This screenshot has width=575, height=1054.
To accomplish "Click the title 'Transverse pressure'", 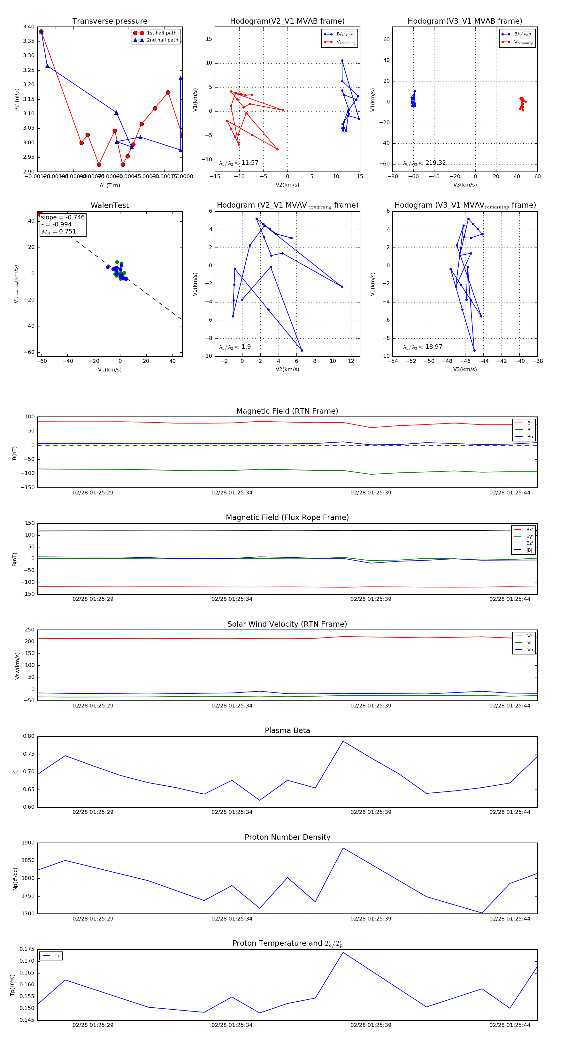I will point(110,21).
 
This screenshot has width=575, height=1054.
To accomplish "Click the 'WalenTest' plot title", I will point(110,205).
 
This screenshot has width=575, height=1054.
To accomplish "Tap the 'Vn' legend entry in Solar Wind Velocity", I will point(530,650).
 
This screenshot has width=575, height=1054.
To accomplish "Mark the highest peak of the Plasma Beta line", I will point(343,741).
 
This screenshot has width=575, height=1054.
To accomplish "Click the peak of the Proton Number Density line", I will point(343,848).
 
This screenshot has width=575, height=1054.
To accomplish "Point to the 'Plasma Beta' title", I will point(287,731).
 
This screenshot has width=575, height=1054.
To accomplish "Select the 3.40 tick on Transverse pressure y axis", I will point(29,27).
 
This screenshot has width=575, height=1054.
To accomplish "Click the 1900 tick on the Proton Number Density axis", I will point(28,843).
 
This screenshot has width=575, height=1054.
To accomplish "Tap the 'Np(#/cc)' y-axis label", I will point(15,879).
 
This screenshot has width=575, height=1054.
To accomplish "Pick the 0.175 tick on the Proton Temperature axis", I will point(27,949).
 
